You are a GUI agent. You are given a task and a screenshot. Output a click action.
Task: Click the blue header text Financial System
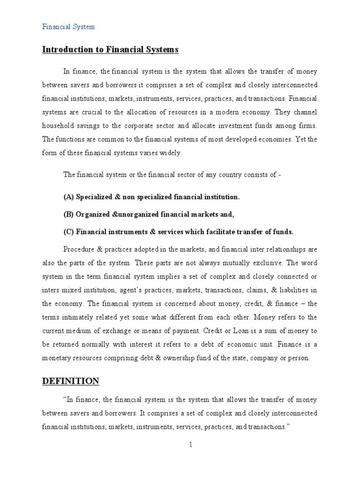[68, 27]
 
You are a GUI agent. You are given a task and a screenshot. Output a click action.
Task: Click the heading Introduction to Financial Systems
[111, 49]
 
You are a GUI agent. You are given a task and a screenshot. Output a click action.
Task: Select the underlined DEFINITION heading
[71, 381]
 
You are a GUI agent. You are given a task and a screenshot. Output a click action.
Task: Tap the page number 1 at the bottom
[191, 445]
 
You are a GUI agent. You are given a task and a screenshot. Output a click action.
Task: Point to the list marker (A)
[68, 197]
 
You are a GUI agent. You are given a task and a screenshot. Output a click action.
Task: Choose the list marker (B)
[68, 214]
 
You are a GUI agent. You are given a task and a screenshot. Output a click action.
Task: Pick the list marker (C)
[68, 232]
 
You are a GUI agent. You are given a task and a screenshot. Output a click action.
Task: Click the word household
[57, 127]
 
